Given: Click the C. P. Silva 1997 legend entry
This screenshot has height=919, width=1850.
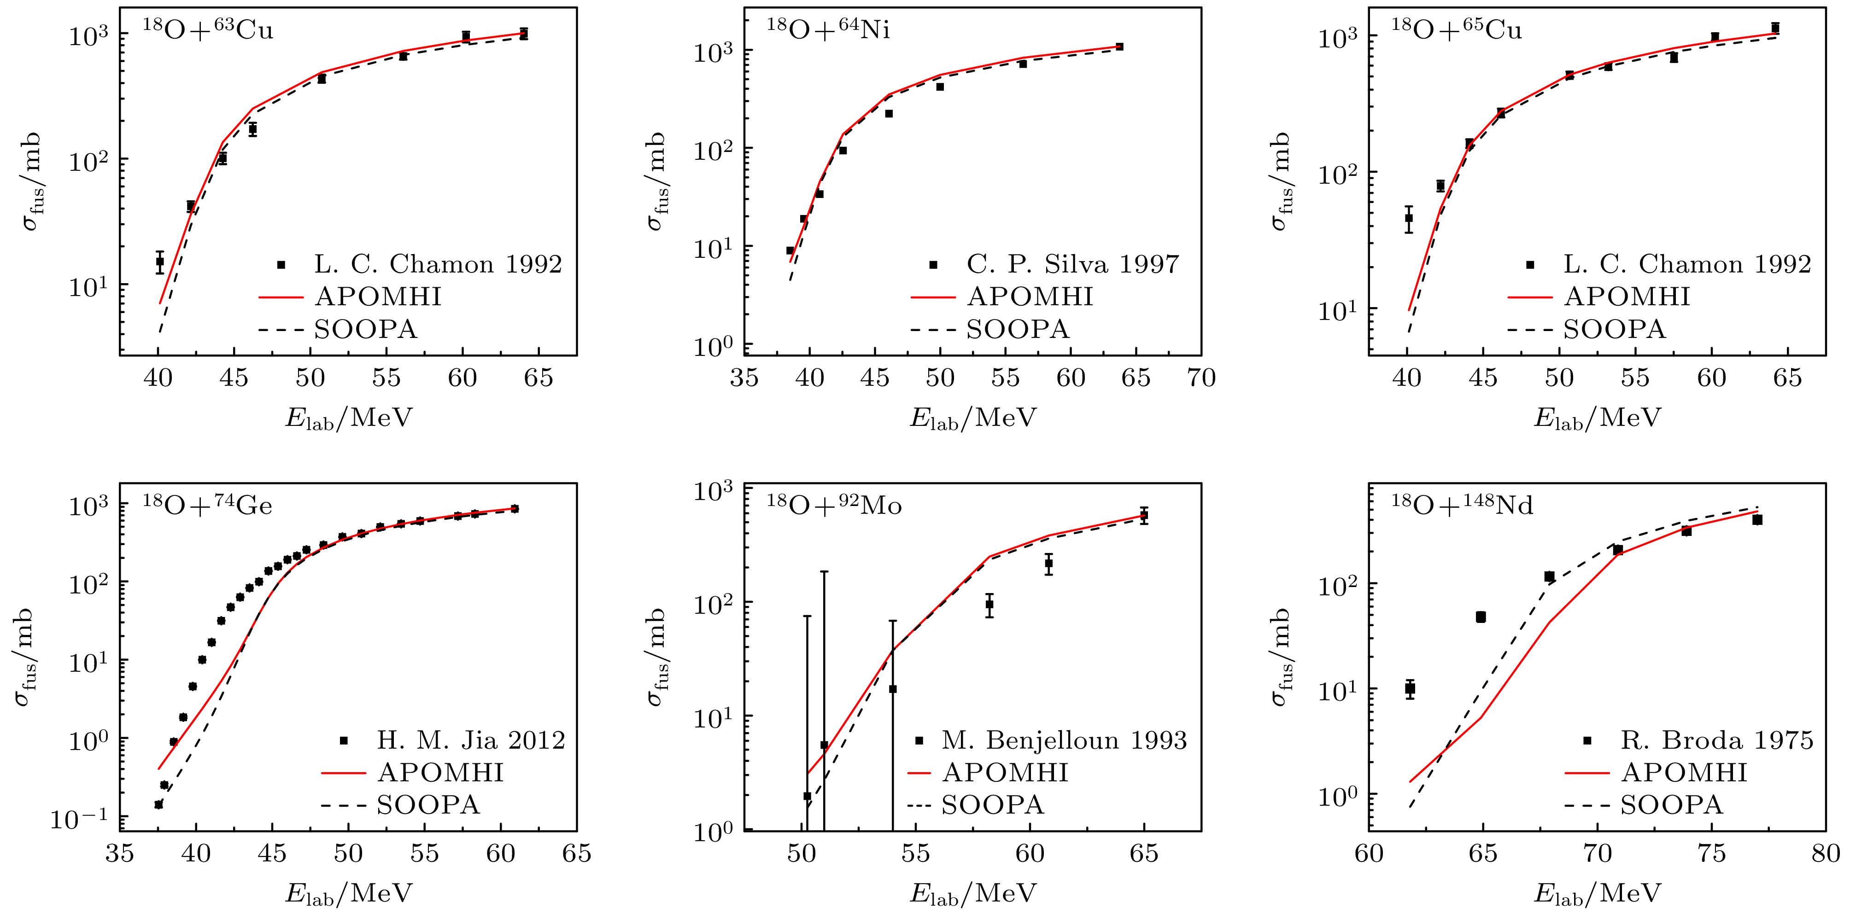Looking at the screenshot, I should [x=1072, y=264].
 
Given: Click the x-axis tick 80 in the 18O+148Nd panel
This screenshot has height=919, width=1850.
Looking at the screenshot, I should [x=1825, y=854].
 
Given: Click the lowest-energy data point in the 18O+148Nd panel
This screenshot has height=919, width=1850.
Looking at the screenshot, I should [x=1410, y=688].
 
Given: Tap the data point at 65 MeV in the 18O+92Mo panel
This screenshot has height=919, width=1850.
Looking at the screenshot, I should [x=1144, y=515].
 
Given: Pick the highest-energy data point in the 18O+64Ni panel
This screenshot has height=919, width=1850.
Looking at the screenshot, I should [x=1119, y=47].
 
